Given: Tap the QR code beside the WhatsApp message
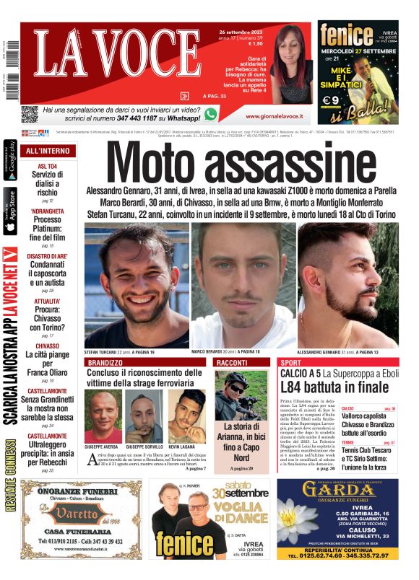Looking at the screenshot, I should [29, 114].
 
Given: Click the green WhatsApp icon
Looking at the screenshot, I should [211, 114].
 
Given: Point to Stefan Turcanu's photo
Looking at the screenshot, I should [137, 284].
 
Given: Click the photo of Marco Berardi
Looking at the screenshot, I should [243, 284].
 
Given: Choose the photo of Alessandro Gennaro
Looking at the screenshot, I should [349, 284].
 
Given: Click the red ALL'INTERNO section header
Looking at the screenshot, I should [48, 151].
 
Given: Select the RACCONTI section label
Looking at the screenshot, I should [232, 362].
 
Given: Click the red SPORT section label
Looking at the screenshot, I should [290, 362].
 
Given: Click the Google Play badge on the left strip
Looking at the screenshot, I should [10, 162].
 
